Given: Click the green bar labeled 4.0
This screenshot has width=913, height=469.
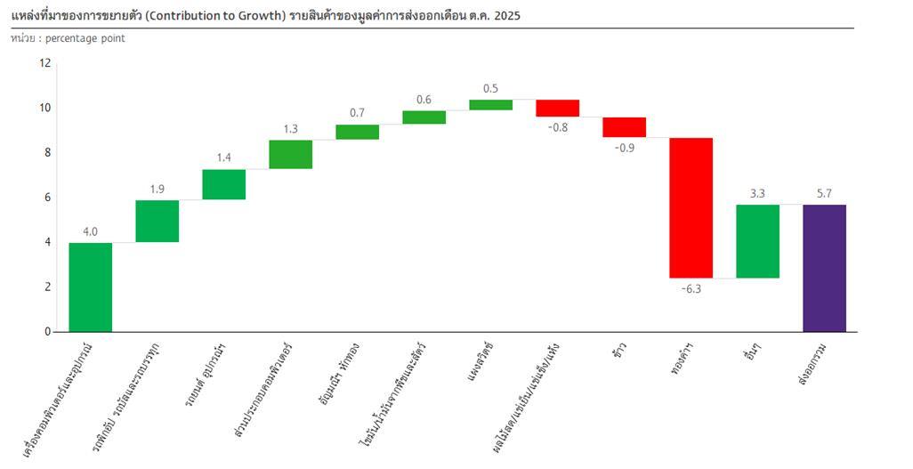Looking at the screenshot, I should (91, 287).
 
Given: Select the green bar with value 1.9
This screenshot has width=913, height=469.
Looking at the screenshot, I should (158, 221).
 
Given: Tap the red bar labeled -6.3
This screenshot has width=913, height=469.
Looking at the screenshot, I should (691, 207).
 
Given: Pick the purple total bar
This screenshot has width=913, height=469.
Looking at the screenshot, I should (824, 268).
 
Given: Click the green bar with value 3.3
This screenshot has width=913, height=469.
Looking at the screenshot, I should (757, 241).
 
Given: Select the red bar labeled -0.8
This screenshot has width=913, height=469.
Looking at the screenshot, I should (557, 108).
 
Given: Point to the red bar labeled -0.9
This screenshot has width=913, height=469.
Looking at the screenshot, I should (624, 127).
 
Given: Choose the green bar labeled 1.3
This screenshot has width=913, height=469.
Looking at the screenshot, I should (290, 154).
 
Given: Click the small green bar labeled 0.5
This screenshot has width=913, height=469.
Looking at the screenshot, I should (490, 104).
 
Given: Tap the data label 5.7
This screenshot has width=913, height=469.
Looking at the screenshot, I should (824, 193).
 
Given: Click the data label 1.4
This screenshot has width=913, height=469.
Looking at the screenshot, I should (223, 158).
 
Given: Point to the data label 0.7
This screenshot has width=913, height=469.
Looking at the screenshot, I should (357, 113).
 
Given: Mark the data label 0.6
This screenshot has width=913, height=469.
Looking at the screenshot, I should (424, 99).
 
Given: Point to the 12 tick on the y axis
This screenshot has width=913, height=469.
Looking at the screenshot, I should (46, 63).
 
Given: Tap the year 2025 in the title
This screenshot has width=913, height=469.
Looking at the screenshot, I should (507, 16).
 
